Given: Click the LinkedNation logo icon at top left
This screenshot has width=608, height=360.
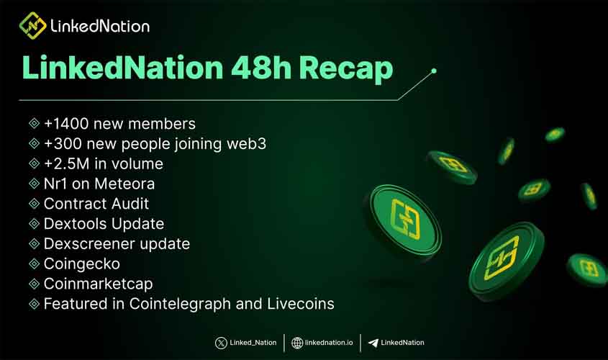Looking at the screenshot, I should pyautogui.click(x=32, y=26).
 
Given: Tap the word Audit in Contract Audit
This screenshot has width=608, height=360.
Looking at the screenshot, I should pyautogui.click(x=127, y=204).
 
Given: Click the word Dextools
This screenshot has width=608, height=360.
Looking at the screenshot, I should pyautogui.click(x=73, y=224).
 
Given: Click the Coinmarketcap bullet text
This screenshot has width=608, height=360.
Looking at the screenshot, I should pyautogui.click(x=98, y=284).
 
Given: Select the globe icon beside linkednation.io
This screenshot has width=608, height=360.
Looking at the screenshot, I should pyautogui.click(x=297, y=343).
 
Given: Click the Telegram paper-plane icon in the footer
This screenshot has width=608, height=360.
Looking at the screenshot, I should pyautogui.click(x=373, y=343).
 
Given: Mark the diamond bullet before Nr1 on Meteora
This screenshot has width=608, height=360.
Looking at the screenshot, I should pyautogui.click(x=34, y=184).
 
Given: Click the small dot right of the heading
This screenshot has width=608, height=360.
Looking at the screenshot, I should pyautogui.click(x=434, y=71).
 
